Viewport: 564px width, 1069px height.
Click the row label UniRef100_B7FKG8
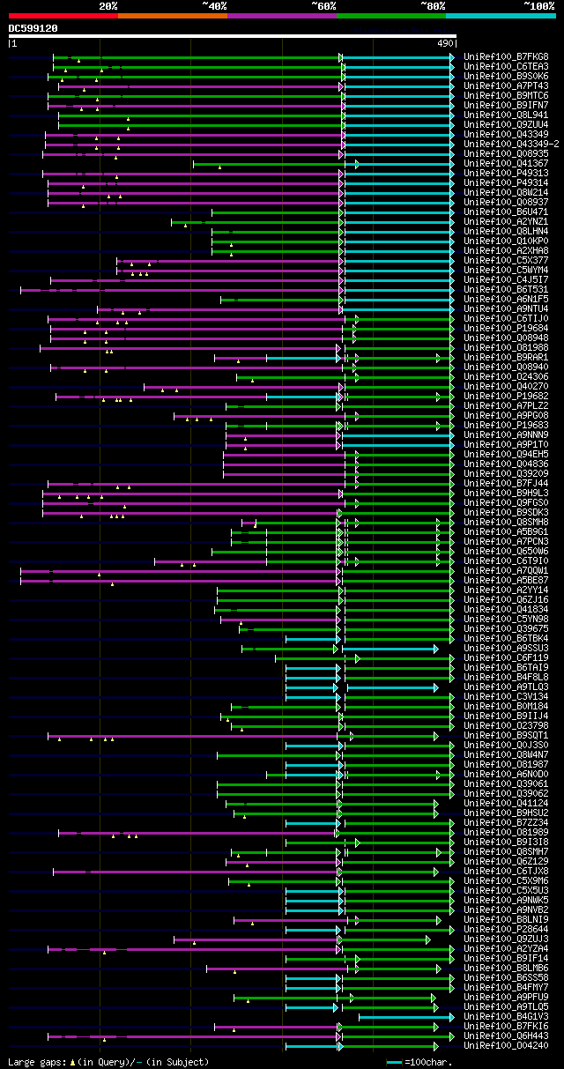tap(506, 56)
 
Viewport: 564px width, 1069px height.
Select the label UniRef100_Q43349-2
tap(511, 144)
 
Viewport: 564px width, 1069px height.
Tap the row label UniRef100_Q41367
tap(506, 163)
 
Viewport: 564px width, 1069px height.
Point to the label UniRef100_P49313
tap(506, 173)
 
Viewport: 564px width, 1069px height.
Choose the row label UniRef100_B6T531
tap(506, 289)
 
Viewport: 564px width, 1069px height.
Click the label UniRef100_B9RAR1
tap(506, 357)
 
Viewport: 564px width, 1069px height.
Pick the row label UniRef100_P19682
tap(506, 396)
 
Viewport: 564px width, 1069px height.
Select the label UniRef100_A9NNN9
tap(506, 434)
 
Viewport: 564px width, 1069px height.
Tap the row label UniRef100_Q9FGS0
tap(506, 502)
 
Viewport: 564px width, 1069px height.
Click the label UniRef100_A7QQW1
tap(506, 570)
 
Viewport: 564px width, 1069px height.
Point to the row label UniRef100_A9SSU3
tap(506, 648)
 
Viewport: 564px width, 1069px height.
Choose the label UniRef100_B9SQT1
tap(506, 735)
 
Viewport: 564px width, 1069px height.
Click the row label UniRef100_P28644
tap(506, 929)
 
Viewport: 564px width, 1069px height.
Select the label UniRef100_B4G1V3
tap(506, 1016)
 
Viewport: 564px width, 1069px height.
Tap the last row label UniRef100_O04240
tap(506, 1045)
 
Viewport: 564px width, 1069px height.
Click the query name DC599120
tap(33, 28)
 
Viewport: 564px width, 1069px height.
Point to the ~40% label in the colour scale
tap(214, 6)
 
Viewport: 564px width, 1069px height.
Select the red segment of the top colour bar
tap(63, 16)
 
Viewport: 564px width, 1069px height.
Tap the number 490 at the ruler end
tap(445, 42)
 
